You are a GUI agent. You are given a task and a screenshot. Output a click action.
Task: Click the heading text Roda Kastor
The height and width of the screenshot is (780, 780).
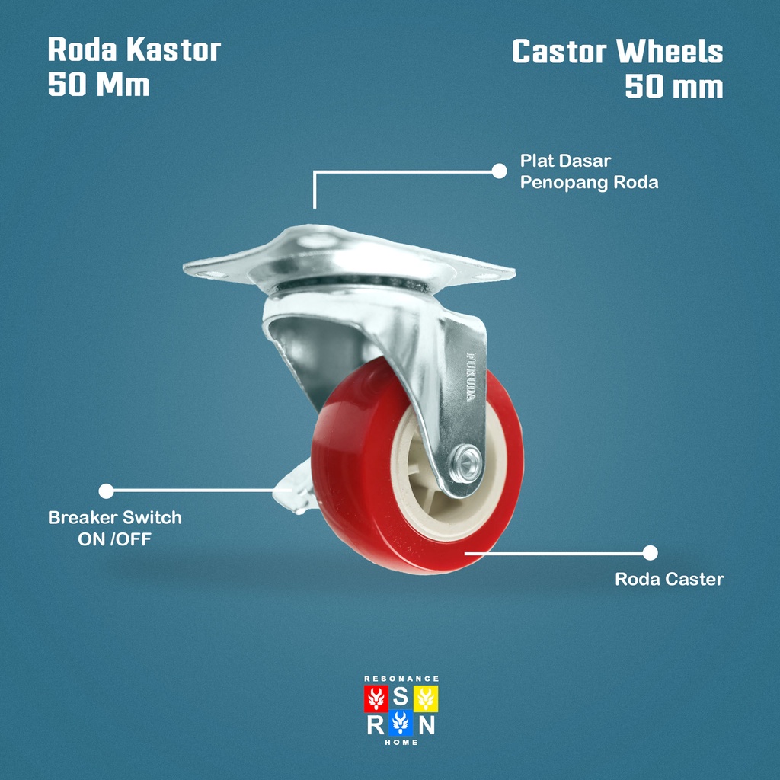click(x=134, y=50)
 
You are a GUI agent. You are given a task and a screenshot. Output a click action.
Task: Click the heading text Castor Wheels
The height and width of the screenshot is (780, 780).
click(x=617, y=52)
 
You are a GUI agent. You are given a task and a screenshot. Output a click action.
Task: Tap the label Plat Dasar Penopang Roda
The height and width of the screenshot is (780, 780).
click(x=589, y=172)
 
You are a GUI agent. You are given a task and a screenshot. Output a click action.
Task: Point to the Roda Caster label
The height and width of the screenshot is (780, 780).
click(x=669, y=580)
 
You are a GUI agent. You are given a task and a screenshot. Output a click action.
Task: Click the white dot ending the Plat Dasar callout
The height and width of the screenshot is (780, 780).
click(x=499, y=171)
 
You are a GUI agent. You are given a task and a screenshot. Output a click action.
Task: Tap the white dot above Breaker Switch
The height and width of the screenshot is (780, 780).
click(x=107, y=491)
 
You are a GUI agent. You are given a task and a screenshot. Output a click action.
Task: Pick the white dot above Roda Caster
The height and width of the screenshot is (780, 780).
click(x=650, y=553)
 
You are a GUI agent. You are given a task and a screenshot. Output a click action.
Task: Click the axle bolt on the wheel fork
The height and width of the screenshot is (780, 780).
click(x=466, y=461)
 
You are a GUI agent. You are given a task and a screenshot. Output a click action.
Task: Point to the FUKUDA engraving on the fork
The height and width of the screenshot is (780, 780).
click(x=472, y=377)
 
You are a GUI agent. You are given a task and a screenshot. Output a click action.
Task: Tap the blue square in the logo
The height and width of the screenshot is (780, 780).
click(x=401, y=724)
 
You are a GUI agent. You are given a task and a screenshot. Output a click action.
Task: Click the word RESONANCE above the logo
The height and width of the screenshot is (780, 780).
click(x=401, y=678)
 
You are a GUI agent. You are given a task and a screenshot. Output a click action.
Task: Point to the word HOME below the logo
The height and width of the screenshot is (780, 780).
click(x=401, y=743)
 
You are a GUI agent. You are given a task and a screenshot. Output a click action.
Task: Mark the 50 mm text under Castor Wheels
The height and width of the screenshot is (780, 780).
click(x=673, y=87)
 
